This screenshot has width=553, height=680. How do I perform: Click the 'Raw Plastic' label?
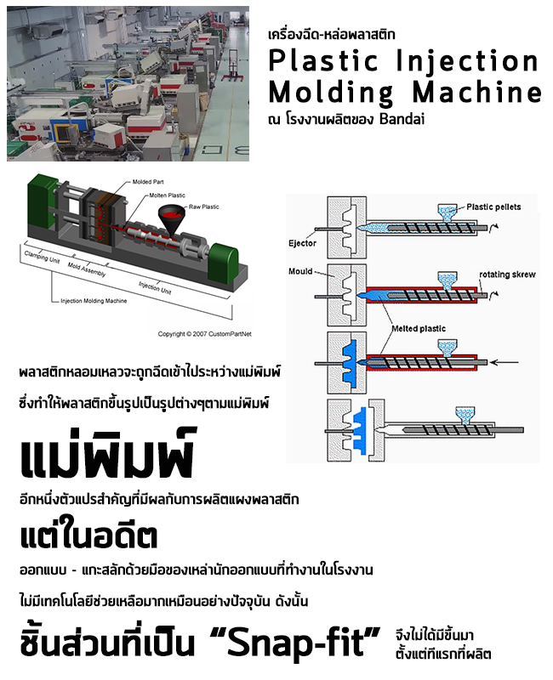point(206,207)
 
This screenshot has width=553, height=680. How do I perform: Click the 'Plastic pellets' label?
point(493,207)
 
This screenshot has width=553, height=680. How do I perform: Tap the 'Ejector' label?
point(303,243)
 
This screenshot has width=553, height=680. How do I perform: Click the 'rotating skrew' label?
point(506,275)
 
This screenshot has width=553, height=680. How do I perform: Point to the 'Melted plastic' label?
point(418,329)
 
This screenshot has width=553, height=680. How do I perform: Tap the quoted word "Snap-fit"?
point(298,642)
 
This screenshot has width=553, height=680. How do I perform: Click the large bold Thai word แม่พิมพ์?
point(107,456)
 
